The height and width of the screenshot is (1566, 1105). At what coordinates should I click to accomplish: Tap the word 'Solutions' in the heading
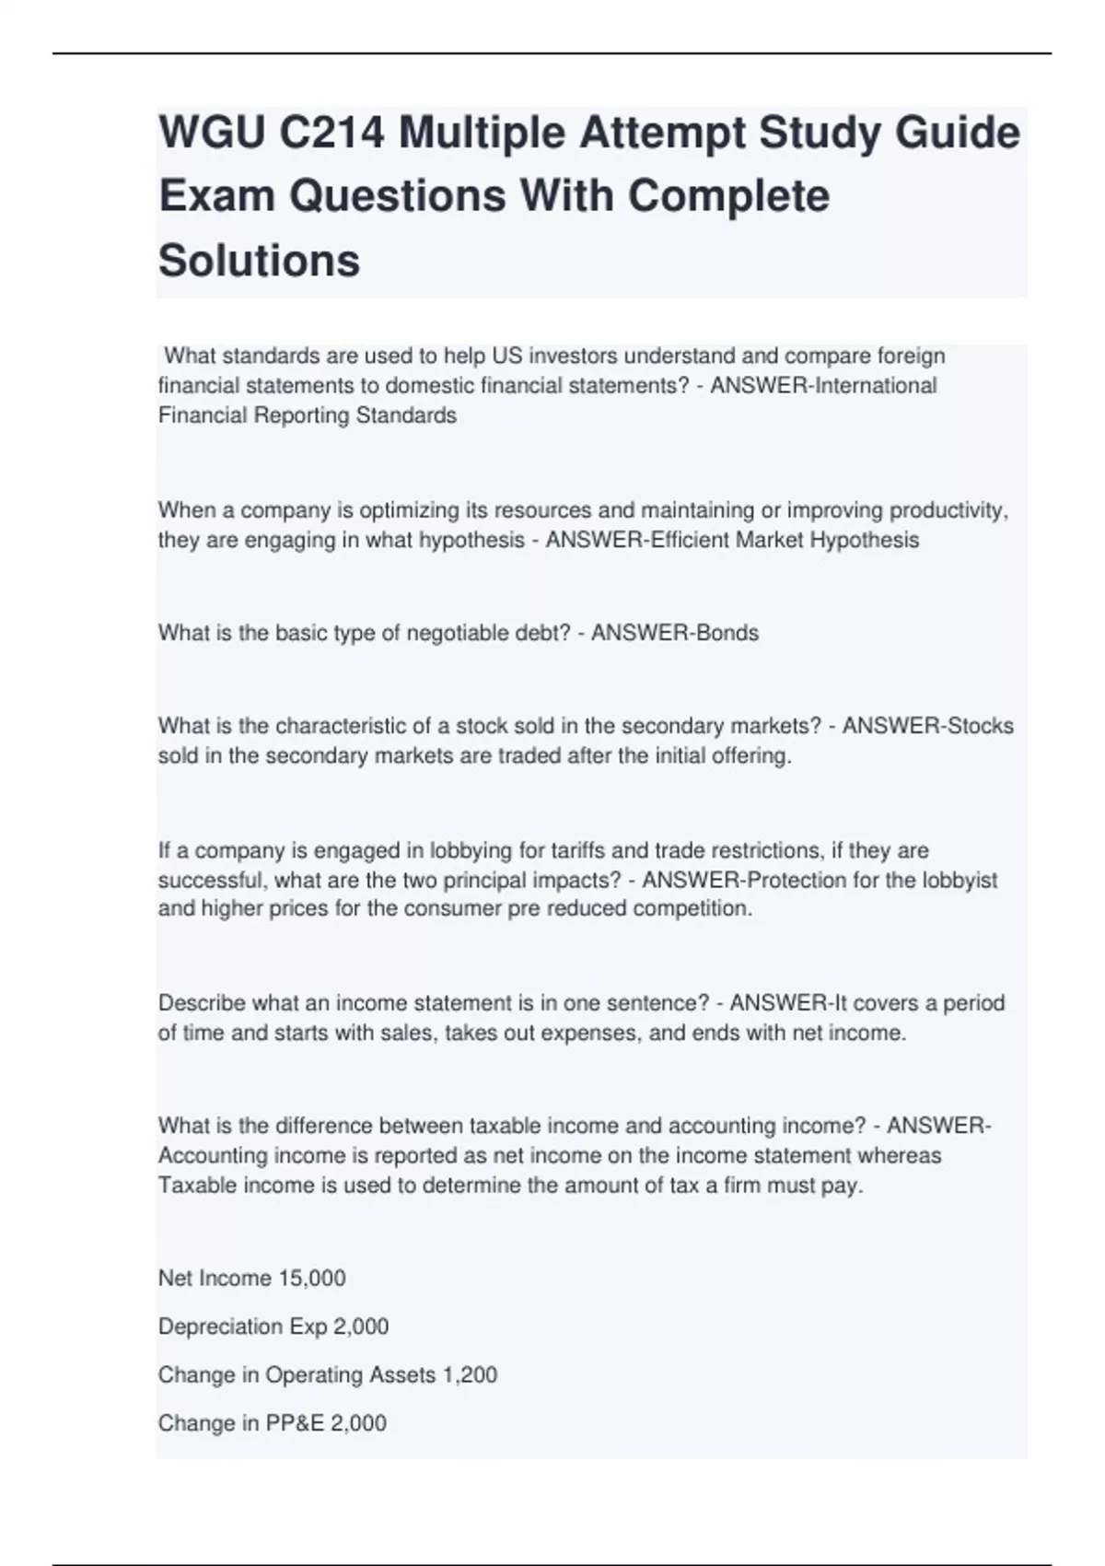tap(259, 260)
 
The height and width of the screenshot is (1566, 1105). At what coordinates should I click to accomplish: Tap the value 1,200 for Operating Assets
tap(470, 1375)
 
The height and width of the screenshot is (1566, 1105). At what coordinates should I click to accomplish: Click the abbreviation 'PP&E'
tap(295, 1423)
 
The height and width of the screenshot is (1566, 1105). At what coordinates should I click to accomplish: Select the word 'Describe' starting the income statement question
tap(202, 1003)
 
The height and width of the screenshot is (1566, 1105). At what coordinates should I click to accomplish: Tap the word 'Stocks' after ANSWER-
tap(981, 726)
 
